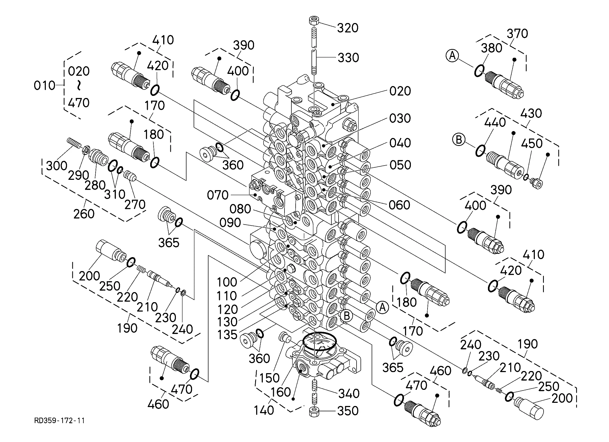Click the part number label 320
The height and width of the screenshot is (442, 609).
348,28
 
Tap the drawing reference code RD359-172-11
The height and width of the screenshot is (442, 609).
59,420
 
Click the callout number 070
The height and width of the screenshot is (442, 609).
217,195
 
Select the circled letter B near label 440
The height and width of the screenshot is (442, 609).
459,140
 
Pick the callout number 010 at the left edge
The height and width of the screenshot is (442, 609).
44,86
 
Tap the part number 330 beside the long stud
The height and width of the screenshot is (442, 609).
348,58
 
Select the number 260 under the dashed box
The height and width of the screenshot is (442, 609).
84,214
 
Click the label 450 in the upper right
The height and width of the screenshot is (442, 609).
532,144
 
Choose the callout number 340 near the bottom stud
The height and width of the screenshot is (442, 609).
349,394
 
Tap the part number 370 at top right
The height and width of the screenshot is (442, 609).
517,34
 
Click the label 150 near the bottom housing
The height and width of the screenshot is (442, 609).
269,378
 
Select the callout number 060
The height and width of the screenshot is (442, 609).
399,205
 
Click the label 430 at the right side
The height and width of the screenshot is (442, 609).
531,113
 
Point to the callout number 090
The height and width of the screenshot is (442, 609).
230,223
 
